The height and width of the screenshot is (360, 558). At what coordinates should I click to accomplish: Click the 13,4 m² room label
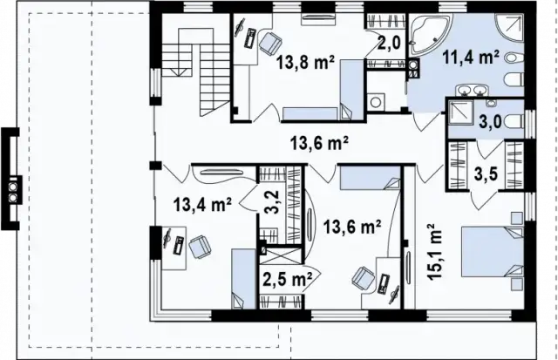(x=201, y=206)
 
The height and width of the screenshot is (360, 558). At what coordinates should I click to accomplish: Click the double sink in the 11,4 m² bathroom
(x=473, y=91)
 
